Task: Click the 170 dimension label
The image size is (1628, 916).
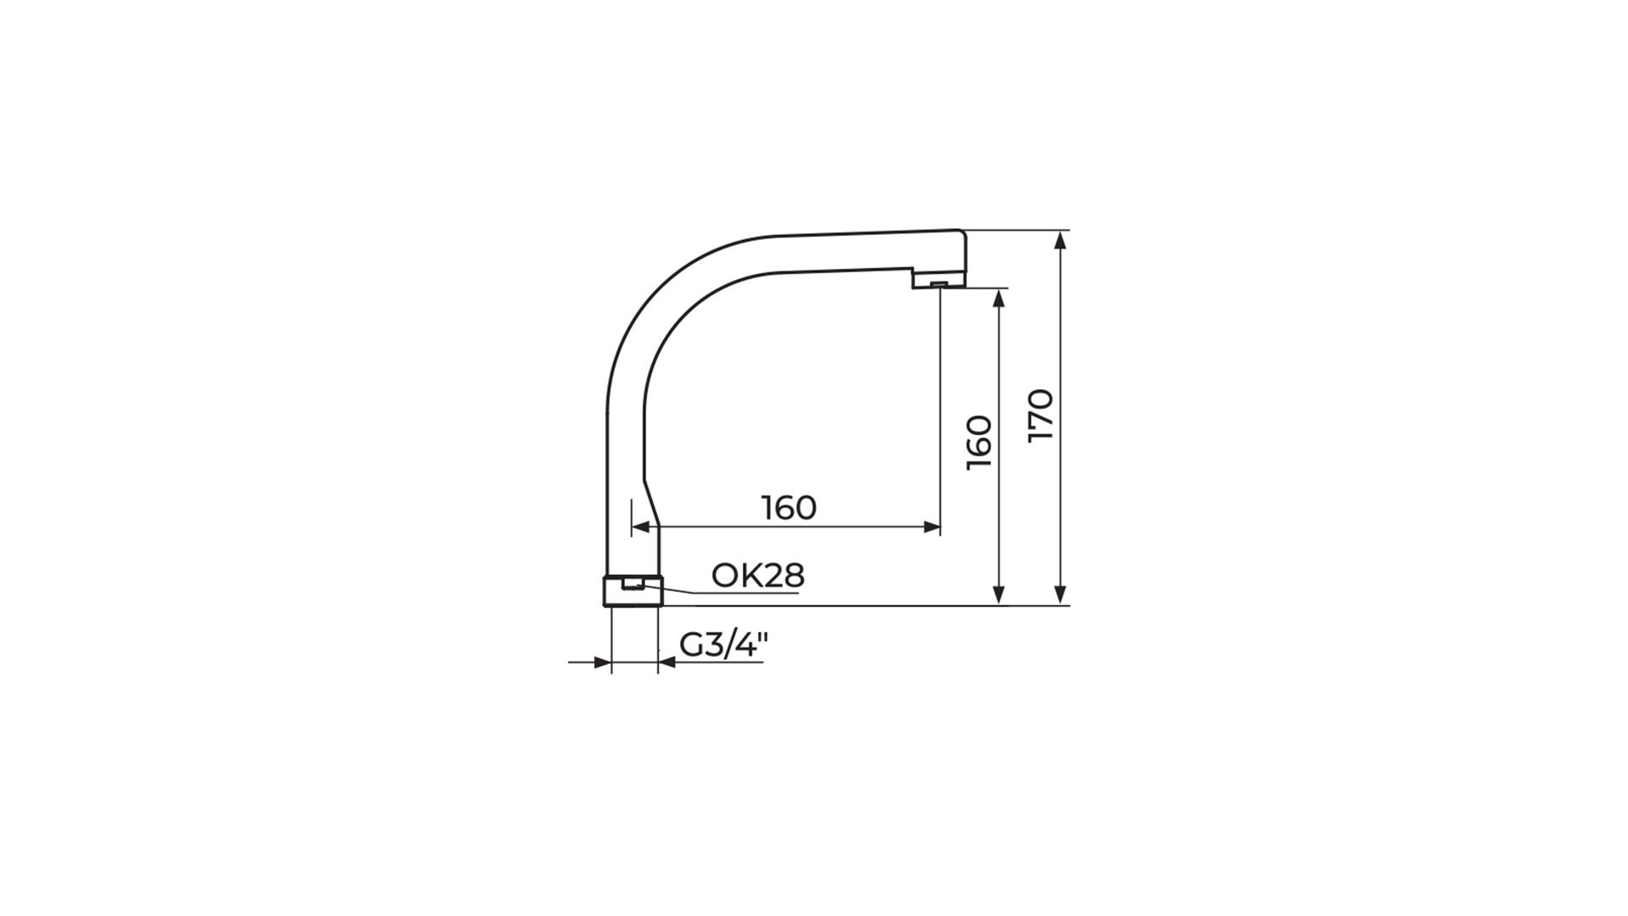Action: point(1040,415)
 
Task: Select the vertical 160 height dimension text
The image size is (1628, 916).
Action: point(979,442)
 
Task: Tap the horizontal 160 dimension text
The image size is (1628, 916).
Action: point(789,507)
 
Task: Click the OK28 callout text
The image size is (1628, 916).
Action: point(757,575)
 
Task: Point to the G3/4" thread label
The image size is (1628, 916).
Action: point(723,645)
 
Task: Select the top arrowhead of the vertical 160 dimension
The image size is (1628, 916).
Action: point(999,299)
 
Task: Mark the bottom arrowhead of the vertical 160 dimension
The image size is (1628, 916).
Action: point(999,595)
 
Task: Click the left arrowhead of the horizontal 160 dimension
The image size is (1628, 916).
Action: point(641,527)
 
